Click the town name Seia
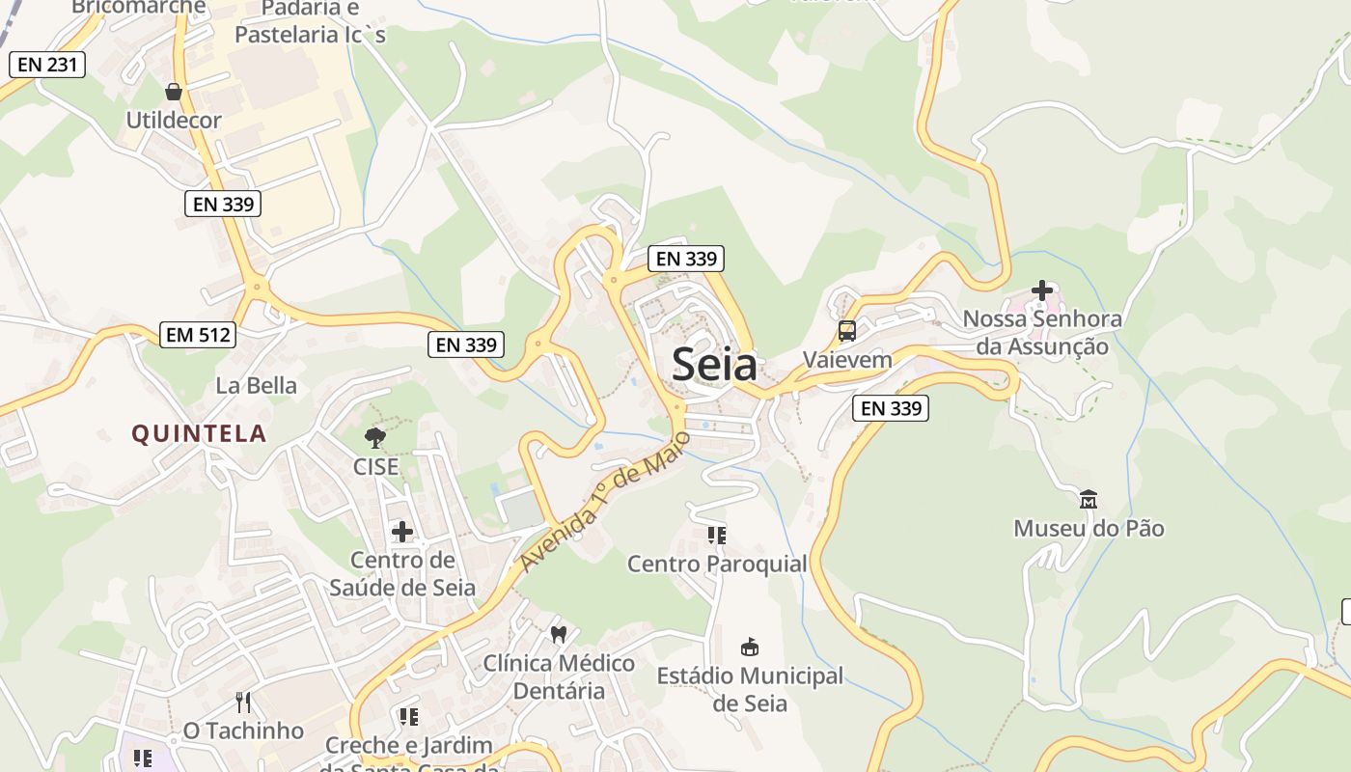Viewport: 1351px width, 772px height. click(714, 365)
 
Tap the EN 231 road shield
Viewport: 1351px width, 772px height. click(47, 65)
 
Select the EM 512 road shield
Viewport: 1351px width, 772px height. click(198, 335)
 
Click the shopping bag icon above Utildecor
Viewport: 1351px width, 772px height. click(174, 92)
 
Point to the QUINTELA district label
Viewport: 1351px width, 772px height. click(199, 433)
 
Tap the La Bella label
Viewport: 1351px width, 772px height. click(256, 386)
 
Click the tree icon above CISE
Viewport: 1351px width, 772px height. click(375, 438)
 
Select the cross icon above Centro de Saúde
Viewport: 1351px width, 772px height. click(402, 531)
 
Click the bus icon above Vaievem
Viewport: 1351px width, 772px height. click(847, 331)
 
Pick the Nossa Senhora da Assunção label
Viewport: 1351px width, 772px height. click(1042, 333)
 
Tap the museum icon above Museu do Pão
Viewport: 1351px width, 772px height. click(1089, 500)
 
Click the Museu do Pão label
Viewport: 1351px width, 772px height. click(1089, 529)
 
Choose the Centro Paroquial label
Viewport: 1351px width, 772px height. click(717, 564)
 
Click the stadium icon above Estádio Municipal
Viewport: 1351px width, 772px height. click(750, 647)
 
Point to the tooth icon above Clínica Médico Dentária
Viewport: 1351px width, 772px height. click(558, 634)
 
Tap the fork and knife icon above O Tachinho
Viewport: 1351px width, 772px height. click(243, 702)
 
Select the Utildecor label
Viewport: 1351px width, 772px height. click(174, 121)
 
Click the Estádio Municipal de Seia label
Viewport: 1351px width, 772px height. click(750, 689)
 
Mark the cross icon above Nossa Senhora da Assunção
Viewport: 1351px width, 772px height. click(1042, 289)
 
